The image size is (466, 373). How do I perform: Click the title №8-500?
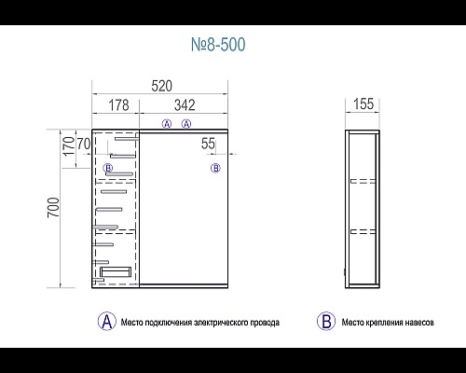tap(218, 45)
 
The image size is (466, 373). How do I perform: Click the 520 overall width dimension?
tap(161, 86)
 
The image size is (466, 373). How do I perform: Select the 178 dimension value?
tap(118, 105)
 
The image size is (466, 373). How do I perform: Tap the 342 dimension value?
tap(185, 105)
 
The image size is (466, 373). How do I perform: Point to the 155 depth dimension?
tap(363, 104)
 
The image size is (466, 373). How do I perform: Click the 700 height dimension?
tap(53, 208)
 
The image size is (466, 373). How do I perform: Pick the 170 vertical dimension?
tap(69, 146)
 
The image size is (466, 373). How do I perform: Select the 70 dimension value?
tap(84, 144)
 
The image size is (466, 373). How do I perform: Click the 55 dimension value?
tap(208, 144)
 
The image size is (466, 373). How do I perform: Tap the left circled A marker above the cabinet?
tap(167, 124)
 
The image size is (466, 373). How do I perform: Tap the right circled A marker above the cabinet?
tap(186, 124)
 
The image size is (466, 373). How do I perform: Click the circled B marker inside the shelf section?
tap(108, 168)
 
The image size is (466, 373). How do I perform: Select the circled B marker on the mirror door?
tap(215, 168)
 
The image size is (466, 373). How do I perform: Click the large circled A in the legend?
tap(107, 322)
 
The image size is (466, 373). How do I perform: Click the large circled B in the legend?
tap(326, 322)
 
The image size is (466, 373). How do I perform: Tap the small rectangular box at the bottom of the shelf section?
tap(116, 272)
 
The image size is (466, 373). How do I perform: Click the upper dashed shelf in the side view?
tap(363, 181)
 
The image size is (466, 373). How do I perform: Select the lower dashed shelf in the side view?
tap(363, 231)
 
